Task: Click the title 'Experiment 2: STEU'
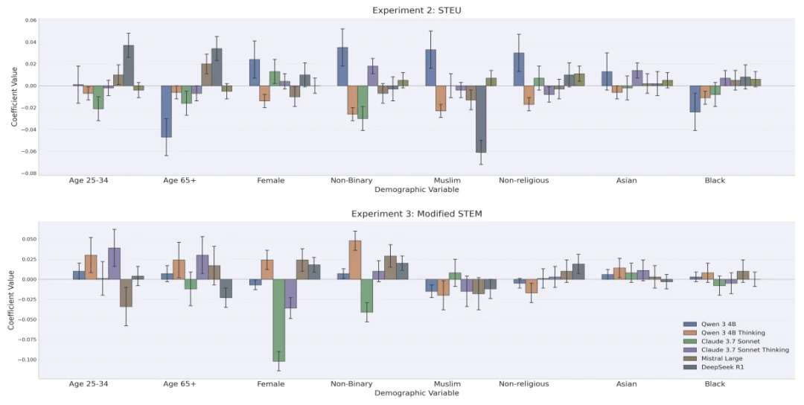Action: click(x=416, y=10)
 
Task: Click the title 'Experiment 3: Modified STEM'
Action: click(x=416, y=214)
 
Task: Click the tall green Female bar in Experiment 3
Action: click(x=278, y=320)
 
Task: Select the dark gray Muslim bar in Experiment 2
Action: click(x=480, y=119)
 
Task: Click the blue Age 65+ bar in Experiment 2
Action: click(x=166, y=111)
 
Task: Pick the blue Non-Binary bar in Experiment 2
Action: click(x=342, y=67)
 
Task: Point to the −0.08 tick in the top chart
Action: click(x=31, y=173)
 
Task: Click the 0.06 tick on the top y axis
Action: click(x=31, y=21)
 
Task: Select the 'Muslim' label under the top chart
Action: click(x=447, y=180)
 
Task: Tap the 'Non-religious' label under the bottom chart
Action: click(x=523, y=384)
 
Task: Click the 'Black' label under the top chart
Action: click(x=715, y=180)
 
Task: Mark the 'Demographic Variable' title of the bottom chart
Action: click(x=416, y=393)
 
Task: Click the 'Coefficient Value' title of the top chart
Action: click(x=14, y=96)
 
